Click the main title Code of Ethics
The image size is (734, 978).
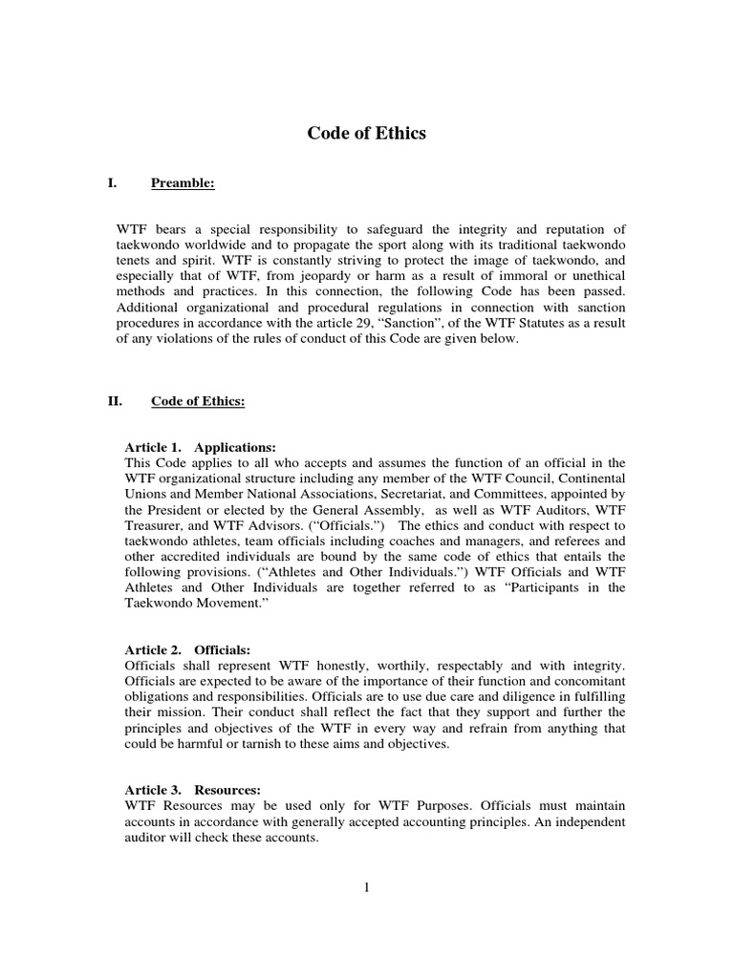(366, 134)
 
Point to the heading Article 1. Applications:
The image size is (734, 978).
(201, 447)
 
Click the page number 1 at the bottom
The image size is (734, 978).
(366, 887)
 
